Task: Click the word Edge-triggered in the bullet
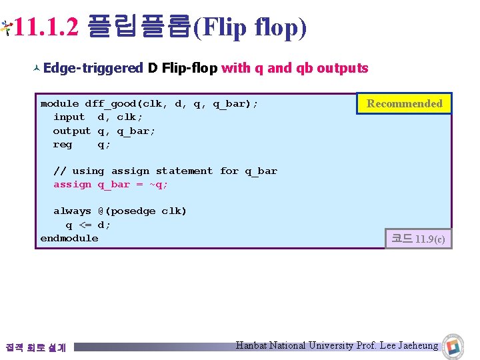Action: pos(93,68)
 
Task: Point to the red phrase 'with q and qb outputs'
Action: pos(295,68)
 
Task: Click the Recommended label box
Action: pos(404,103)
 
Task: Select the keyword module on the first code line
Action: pos(59,104)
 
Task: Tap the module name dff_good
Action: pos(110,104)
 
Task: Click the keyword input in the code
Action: pos(69,117)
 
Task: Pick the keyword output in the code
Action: pos(72,131)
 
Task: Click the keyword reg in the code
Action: pos(63,144)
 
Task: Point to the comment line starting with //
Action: pos(165,171)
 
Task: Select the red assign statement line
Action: pos(111,185)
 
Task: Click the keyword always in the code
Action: pos(72,211)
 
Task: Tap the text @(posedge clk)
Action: pos(142,211)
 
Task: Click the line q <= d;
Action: pos(88,225)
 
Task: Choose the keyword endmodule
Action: pos(69,238)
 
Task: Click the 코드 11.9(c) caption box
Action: pos(418,238)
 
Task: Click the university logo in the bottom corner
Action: pos(455,345)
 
